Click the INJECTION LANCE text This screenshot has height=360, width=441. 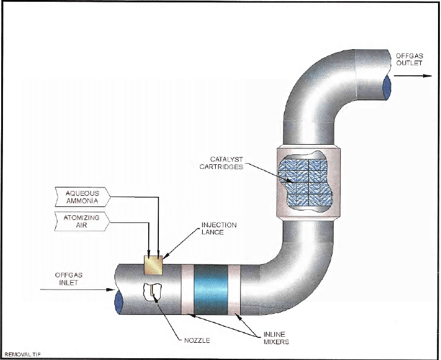[x=219, y=230]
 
